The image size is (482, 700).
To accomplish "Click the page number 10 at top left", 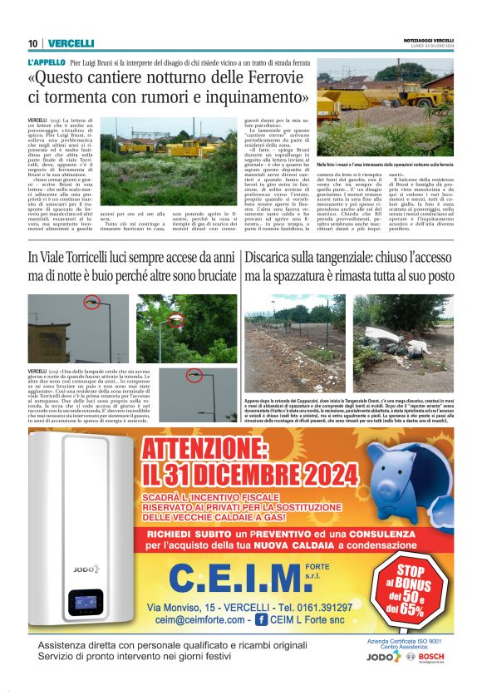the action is coord(32,44).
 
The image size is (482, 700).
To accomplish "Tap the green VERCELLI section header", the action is coord(71,44).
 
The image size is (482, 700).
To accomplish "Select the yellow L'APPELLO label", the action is coord(47,62).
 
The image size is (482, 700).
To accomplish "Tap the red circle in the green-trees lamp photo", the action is coord(175,320).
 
